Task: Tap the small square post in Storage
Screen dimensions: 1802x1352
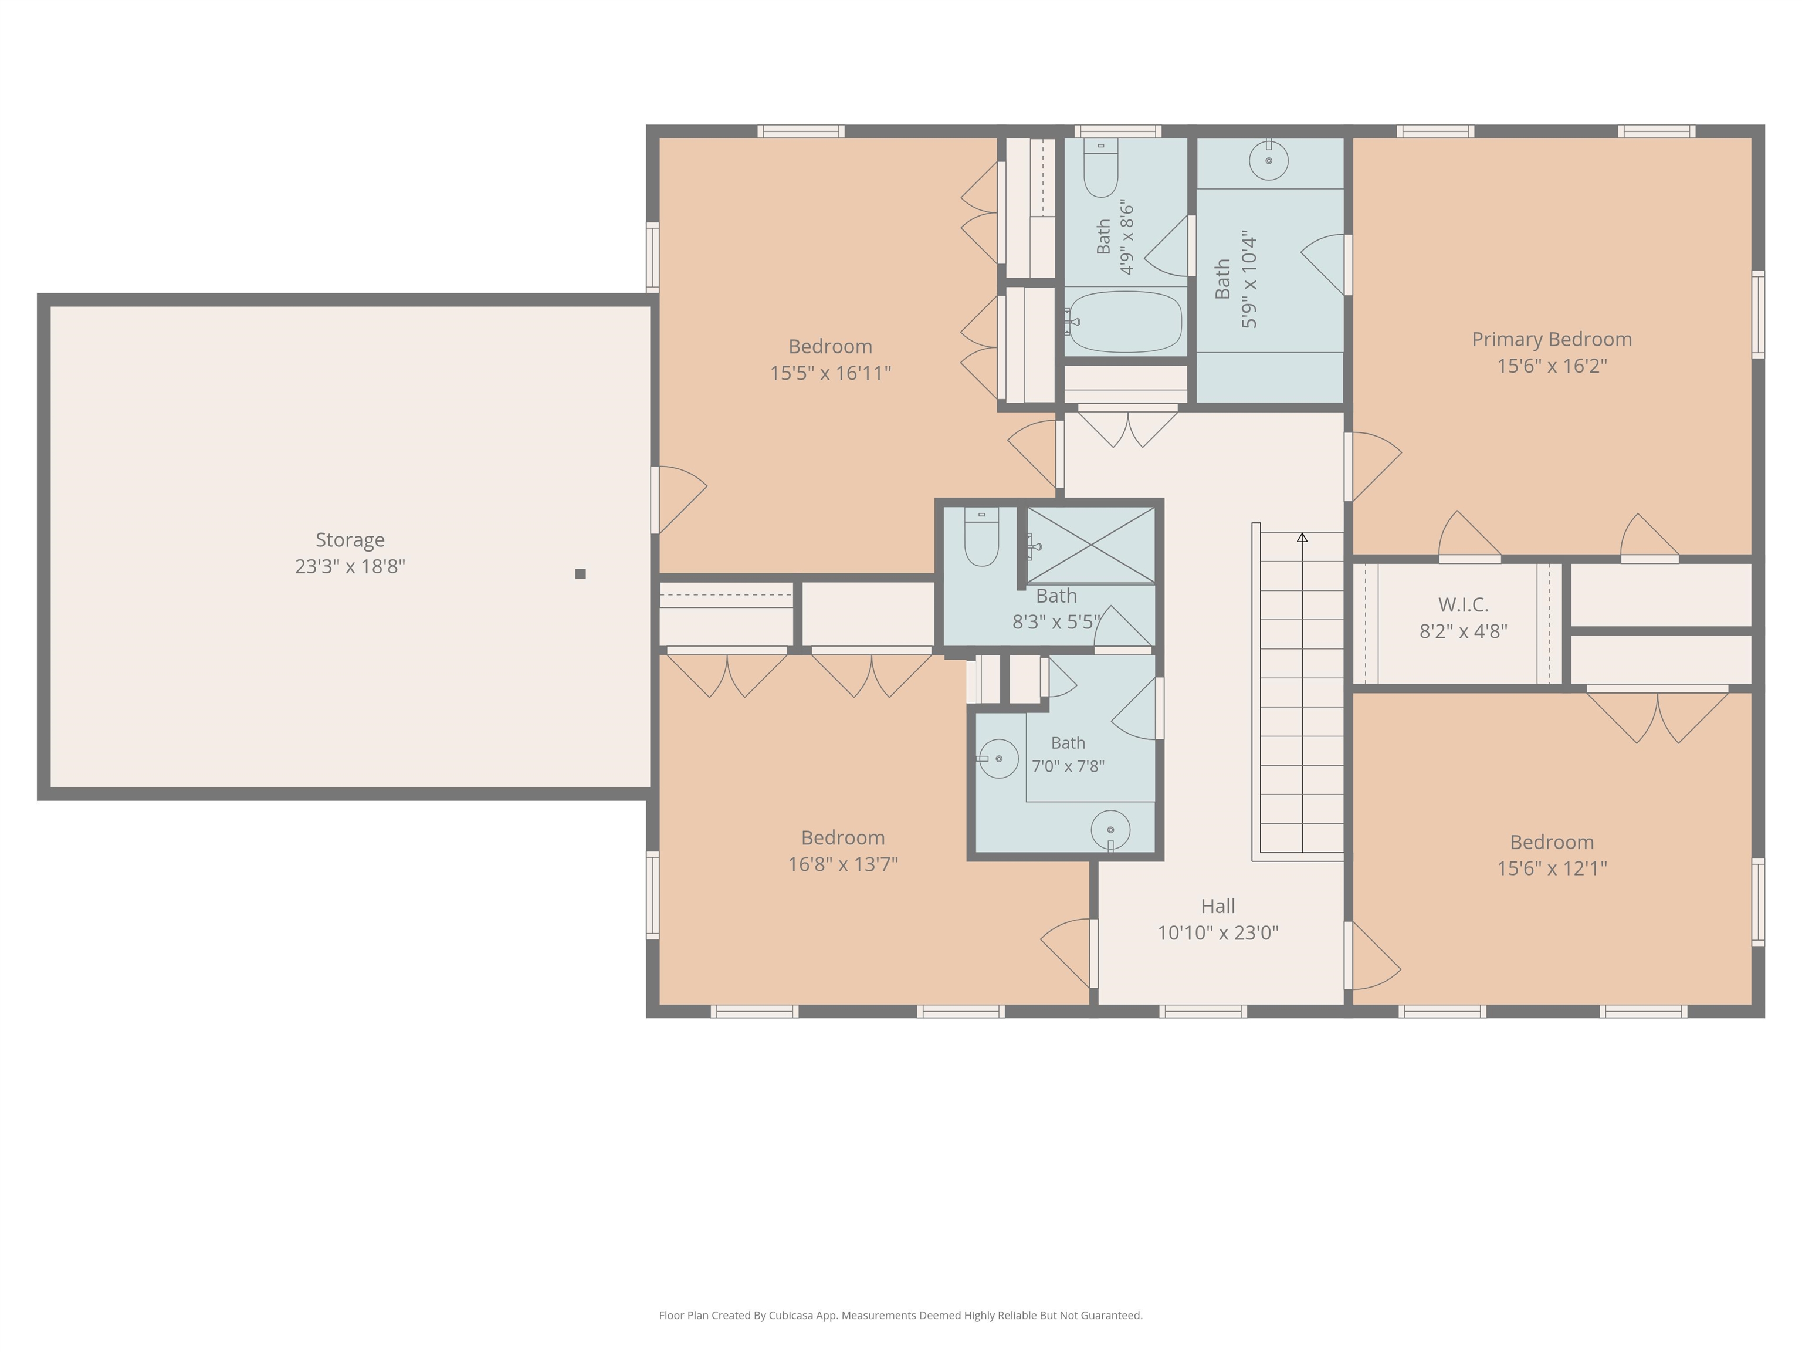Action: coord(580,574)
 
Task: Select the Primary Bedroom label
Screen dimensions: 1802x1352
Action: coord(1552,339)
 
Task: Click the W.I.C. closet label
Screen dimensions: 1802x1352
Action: coord(1463,604)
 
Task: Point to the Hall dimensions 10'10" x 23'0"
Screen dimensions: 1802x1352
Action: coord(1218,932)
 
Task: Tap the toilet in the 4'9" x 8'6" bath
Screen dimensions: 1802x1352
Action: coord(1100,168)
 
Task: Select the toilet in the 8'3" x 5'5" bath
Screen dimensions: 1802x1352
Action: coord(981,536)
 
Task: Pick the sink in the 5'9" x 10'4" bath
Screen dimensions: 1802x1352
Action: coord(1268,160)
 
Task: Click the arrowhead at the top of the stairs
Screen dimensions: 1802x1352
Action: coord(1302,537)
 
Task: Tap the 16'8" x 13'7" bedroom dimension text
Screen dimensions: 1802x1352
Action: coord(842,864)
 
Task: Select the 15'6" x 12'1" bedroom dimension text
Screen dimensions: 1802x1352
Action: coord(1552,868)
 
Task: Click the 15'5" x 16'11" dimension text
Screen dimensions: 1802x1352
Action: coord(830,373)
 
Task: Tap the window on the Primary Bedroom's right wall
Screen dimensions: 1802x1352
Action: coord(1758,315)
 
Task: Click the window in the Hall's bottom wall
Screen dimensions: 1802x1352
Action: coord(1203,1011)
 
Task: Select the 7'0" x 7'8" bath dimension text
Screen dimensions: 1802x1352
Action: coord(1068,766)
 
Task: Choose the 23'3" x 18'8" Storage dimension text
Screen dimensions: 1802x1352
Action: coord(350,566)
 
